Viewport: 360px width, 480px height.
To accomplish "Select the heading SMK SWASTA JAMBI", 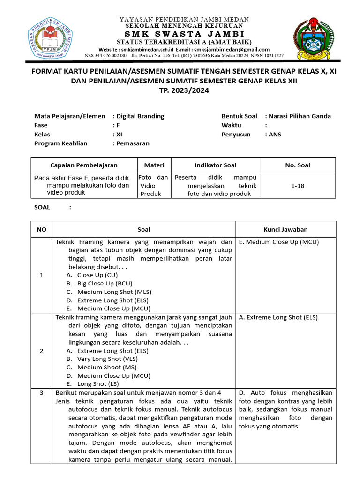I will (x=184, y=35).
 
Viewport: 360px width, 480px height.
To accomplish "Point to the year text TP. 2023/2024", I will (x=184, y=91).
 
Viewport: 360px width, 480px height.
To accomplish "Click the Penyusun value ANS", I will (x=275, y=134).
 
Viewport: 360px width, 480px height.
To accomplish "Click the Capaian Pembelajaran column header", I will (x=84, y=165).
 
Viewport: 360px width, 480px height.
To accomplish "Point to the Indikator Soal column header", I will (x=216, y=165).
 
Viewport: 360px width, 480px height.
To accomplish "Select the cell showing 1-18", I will (x=298, y=186).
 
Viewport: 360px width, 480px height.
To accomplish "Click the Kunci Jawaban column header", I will (x=285, y=229).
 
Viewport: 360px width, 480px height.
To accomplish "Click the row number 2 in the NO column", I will (x=42, y=351).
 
